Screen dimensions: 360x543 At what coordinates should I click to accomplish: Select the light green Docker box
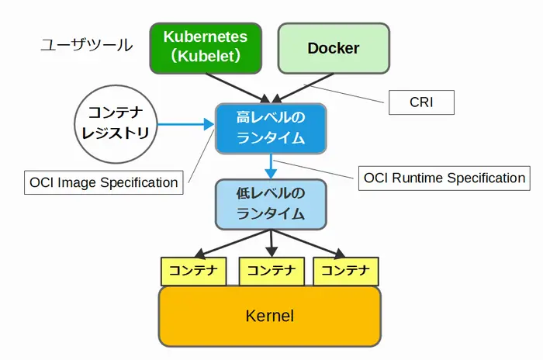coord(333,48)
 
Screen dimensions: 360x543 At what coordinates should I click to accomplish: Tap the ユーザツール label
coord(86,46)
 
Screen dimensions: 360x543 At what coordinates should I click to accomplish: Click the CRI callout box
coord(420,101)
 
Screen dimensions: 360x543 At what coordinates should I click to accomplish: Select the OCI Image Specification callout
coord(102,183)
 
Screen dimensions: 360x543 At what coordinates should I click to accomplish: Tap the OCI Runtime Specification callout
coord(444,178)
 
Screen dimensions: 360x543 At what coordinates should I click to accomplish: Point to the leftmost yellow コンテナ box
coord(193,271)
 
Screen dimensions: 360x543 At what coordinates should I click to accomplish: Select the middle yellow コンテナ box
coord(271,271)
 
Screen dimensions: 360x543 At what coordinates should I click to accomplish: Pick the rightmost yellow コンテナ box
coord(346,271)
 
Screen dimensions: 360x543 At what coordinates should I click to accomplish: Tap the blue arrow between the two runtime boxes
coord(271,164)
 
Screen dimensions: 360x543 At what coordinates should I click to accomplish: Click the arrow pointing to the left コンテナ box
coord(225,243)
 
